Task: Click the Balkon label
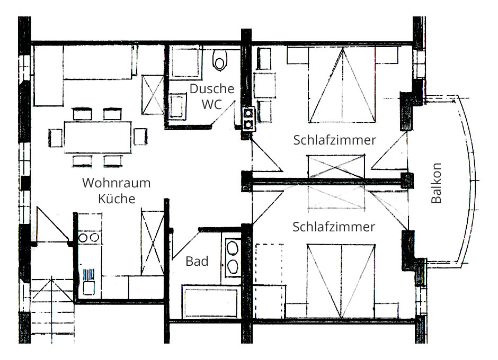click(437, 183)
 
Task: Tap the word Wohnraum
click(116, 183)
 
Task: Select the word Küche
click(117, 199)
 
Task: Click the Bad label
click(197, 262)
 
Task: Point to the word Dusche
click(212, 88)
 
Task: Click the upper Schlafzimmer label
click(334, 140)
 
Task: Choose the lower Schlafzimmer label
click(333, 227)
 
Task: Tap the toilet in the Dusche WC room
click(219, 60)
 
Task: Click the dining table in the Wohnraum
click(98, 137)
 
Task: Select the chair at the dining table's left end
click(56, 138)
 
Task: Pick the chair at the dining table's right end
click(140, 137)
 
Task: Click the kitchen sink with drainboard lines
click(88, 282)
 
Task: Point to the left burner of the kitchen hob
click(83, 238)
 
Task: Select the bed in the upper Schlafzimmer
click(342, 85)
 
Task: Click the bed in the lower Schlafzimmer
click(341, 281)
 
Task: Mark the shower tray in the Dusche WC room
click(185, 62)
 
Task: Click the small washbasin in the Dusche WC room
click(177, 106)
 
